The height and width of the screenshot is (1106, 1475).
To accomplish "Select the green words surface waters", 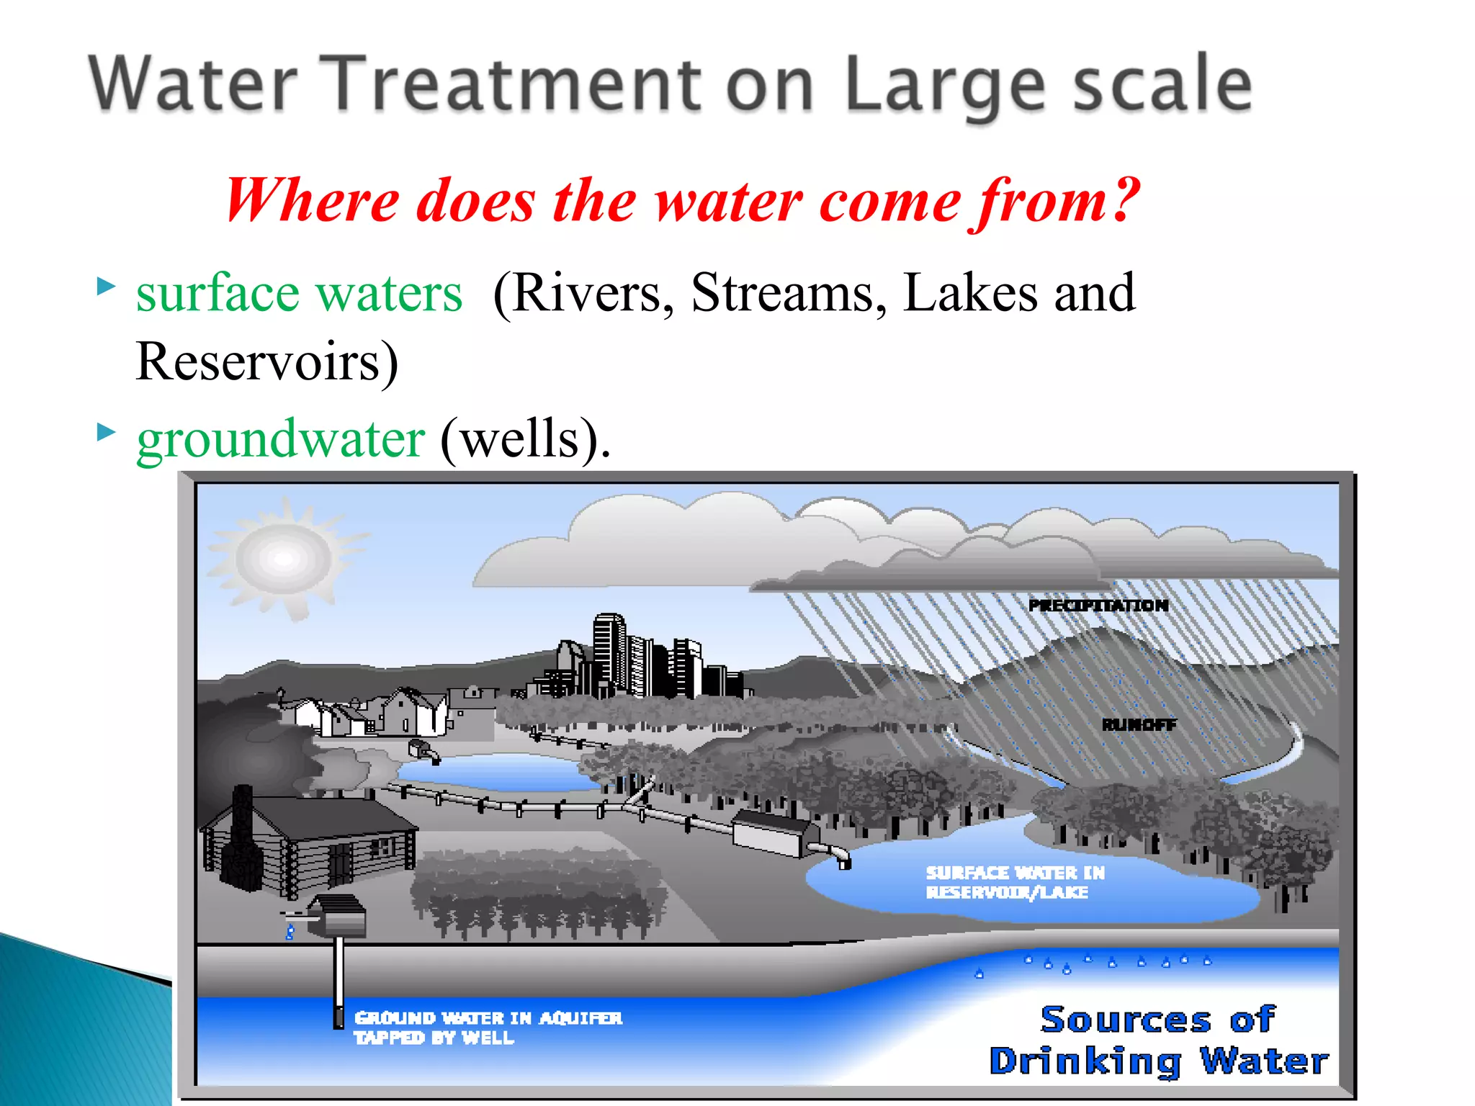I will pyautogui.click(x=299, y=294).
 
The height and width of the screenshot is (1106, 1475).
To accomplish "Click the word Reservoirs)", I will pyautogui.click(x=266, y=361).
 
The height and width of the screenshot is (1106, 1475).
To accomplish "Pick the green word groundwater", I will pyautogui.click(x=281, y=439).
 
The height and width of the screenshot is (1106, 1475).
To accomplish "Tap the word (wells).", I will pyautogui.click(x=524, y=439).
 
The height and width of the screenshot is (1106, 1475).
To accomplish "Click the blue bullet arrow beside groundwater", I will pyautogui.click(x=106, y=432).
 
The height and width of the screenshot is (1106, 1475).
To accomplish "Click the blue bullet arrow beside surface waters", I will pyautogui.click(x=106, y=287).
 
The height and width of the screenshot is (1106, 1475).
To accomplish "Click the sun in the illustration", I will pyautogui.click(x=284, y=558).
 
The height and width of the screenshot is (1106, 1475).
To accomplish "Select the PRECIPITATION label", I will pyautogui.click(x=1098, y=606).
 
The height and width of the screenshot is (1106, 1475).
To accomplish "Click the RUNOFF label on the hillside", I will pyautogui.click(x=1139, y=724).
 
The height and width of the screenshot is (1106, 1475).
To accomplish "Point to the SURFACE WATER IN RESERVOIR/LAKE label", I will pyautogui.click(x=1014, y=882).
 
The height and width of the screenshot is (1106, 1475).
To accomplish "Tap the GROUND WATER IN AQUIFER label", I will pyautogui.click(x=488, y=1018).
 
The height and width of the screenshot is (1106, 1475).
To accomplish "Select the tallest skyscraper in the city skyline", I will pyautogui.click(x=609, y=652).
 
